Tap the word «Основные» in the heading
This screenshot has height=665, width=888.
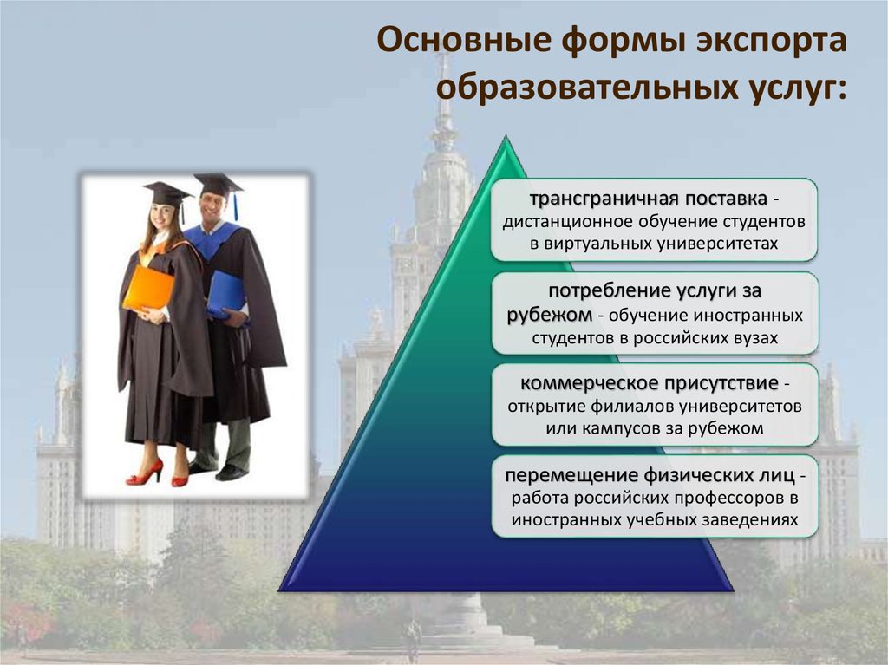pos(461,40)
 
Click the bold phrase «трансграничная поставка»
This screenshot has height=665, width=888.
pos(649,199)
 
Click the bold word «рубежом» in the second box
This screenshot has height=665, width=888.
pos(549,315)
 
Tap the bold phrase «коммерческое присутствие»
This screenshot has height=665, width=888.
pos(649,384)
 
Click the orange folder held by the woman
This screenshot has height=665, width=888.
pos(148,289)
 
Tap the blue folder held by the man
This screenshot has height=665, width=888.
pos(226,295)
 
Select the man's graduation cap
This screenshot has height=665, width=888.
pos(218,184)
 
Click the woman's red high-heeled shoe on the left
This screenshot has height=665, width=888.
pos(145,473)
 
